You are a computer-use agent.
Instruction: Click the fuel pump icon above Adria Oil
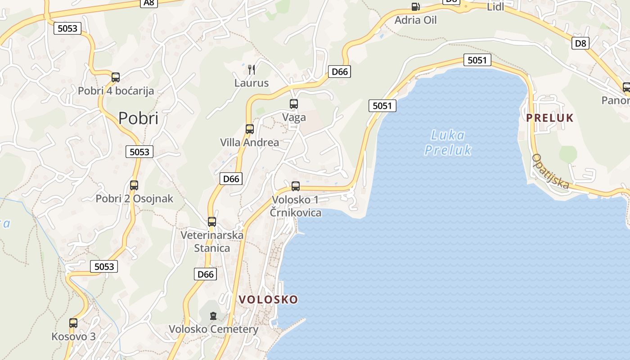tap(415, 7)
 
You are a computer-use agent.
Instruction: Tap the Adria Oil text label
tap(415, 20)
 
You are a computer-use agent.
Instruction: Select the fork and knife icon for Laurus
tap(252, 69)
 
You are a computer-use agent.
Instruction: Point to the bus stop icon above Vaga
tap(294, 104)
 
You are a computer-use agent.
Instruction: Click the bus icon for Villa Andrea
tap(250, 129)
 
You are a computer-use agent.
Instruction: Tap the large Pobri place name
tap(138, 118)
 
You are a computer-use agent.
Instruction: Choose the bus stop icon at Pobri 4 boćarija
tap(116, 77)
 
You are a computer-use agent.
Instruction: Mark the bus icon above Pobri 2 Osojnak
tap(134, 185)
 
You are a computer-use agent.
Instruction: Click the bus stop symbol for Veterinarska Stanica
tap(212, 222)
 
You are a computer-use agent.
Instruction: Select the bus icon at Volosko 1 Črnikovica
tap(296, 186)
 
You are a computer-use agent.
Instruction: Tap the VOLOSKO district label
tap(268, 300)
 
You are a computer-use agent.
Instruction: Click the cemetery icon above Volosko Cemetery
tap(213, 316)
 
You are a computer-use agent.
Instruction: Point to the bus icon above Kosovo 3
tap(73, 323)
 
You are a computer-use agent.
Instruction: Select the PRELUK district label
tap(550, 118)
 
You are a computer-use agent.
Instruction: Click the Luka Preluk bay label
tap(448, 142)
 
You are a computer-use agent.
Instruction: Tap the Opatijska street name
tap(550, 171)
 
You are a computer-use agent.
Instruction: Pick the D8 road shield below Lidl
tap(580, 43)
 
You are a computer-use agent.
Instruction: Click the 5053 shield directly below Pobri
tap(139, 152)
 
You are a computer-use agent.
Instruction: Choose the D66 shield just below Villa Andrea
tap(231, 179)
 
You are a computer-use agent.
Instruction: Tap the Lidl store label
tap(495, 7)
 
